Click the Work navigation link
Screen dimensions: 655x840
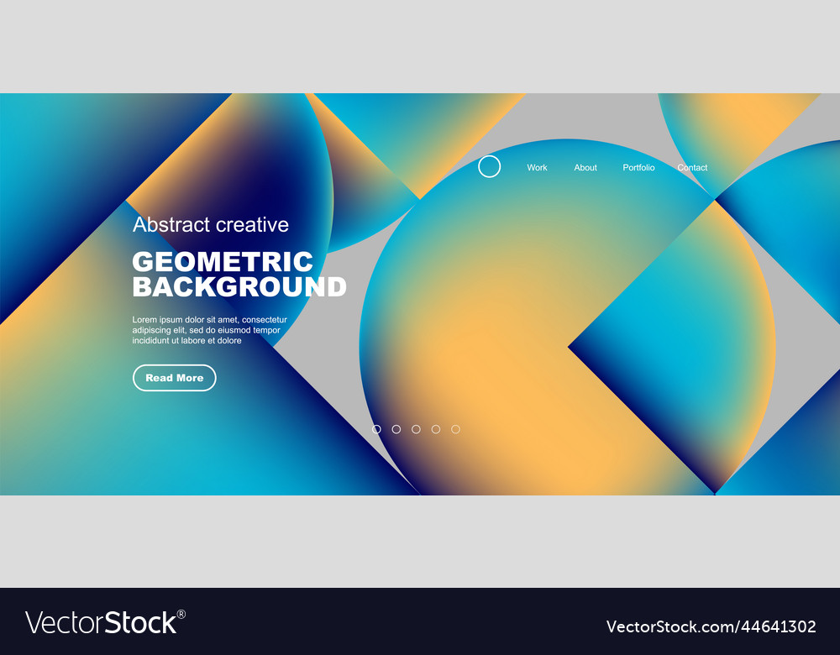537,168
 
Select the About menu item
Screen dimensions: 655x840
585,168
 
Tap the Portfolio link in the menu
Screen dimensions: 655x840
638,168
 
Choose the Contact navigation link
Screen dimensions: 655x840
692,168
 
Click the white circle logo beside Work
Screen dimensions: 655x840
490,166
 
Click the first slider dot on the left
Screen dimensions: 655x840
376,429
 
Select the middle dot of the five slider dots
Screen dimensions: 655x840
416,429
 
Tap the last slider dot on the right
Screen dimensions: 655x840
455,429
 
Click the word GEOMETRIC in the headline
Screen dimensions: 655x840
223,262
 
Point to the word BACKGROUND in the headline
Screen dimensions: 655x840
239,287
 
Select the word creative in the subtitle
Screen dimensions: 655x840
252,224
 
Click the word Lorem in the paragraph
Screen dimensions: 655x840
145,320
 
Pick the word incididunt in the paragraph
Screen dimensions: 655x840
152,341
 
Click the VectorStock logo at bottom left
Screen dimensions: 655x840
101,623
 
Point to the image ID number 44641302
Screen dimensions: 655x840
781,626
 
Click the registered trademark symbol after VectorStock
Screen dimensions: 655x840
181,614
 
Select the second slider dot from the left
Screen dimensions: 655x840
396,429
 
